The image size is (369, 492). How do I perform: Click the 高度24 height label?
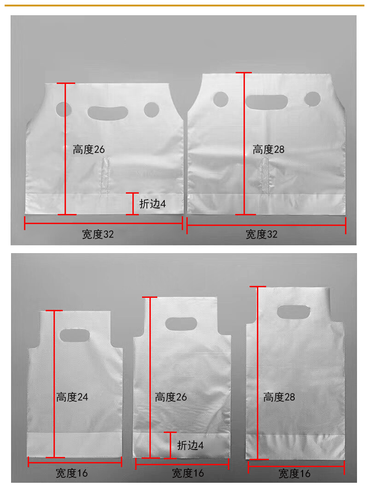click(x=72, y=397)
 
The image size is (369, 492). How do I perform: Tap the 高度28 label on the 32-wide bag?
click(x=268, y=149)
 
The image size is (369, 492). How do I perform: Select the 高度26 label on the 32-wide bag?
click(x=89, y=149)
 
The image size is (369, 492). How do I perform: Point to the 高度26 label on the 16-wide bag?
click(x=171, y=397)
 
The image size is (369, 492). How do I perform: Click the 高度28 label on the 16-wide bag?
click(x=279, y=397)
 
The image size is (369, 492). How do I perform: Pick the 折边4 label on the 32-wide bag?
click(x=153, y=204)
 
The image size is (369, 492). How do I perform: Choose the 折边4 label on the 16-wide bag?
click(x=190, y=445)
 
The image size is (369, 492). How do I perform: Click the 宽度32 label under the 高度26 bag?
click(x=98, y=234)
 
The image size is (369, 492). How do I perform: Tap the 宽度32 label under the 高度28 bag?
click(x=262, y=234)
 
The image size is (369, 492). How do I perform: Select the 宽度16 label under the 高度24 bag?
click(x=72, y=473)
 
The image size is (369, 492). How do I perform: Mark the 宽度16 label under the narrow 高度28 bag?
click(x=295, y=473)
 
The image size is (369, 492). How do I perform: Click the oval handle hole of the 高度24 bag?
click(x=74, y=335)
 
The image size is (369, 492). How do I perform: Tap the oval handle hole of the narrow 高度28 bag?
click(x=294, y=312)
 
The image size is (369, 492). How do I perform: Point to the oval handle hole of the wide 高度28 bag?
click(x=267, y=102)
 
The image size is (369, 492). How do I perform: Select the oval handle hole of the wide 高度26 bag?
click(x=107, y=113)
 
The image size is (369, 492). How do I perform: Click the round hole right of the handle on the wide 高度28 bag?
click(x=312, y=99)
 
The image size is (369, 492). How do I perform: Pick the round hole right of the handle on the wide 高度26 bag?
click(x=152, y=110)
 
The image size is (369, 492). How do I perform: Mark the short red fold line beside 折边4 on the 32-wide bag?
click(x=132, y=204)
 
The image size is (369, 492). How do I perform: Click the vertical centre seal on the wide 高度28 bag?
click(x=266, y=176)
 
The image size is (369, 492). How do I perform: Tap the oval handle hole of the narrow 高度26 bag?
click(x=181, y=324)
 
